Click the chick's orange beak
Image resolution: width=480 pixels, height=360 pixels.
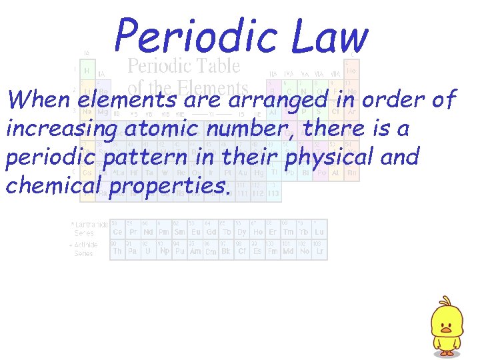(x=445, y=327)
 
